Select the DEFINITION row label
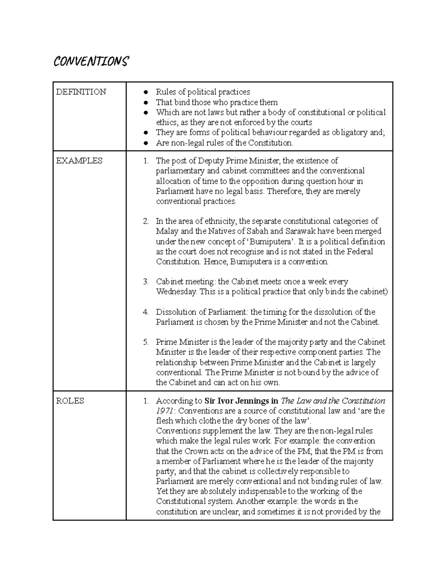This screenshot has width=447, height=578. point(81,92)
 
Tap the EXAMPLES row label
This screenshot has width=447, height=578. point(79,161)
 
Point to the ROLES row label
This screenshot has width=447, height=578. point(70,401)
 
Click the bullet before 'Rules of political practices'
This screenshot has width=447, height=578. point(147,92)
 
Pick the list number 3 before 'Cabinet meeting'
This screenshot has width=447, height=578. point(146,282)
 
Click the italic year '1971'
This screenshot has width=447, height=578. point(164,411)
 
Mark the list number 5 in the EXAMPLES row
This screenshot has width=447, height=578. point(146,342)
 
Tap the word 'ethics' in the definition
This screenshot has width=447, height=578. point(167,122)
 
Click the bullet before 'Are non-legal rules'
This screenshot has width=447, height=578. point(147,143)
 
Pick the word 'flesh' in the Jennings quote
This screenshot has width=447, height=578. point(164,421)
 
